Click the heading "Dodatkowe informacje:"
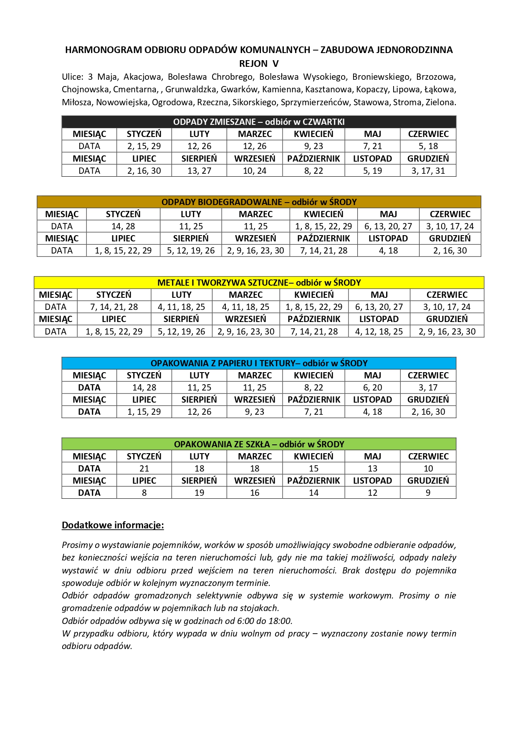pos(113,525)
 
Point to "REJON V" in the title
pos(259,63)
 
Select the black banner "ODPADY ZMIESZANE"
pos(259,122)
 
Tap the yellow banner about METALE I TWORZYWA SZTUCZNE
pos(259,283)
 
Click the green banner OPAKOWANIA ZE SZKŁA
pos(259,444)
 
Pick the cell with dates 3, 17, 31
pos(428,171)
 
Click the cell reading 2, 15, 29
pos(144,146)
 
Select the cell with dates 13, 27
pos(199,171)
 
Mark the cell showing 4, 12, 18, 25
pos(379,332)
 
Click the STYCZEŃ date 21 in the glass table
pos(144,469)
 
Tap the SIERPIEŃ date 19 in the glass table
pos(199,493)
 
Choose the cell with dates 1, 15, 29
pos(144,412)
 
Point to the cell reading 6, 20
pos(372,388)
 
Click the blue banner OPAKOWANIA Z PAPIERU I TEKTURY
pos(259,363)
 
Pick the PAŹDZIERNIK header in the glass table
pos(313,481)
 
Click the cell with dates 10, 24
pos(255,171)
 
